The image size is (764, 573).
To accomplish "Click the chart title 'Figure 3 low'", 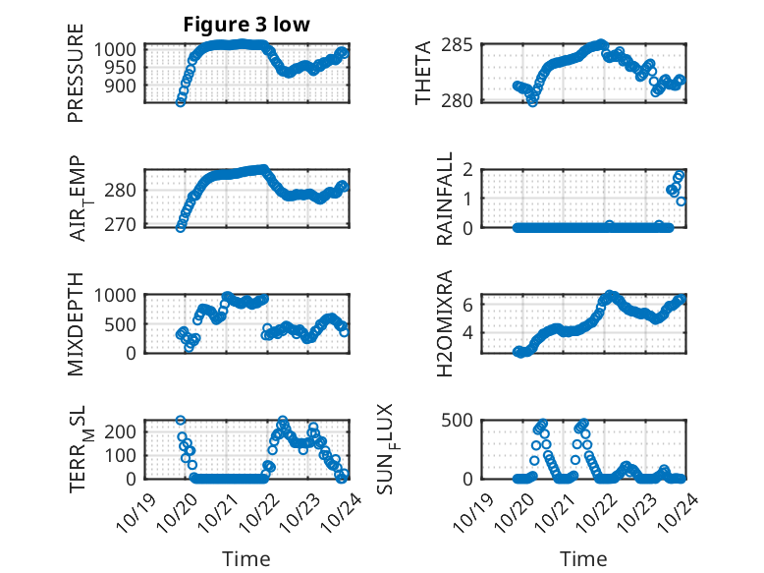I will pos(246,25).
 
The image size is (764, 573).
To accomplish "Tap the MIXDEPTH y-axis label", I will pos(76,323).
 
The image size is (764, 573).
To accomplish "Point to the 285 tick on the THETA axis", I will pos(463,44).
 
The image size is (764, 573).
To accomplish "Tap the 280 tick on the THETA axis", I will pos(463,99).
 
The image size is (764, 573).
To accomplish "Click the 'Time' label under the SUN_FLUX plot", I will pos(583,558).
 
